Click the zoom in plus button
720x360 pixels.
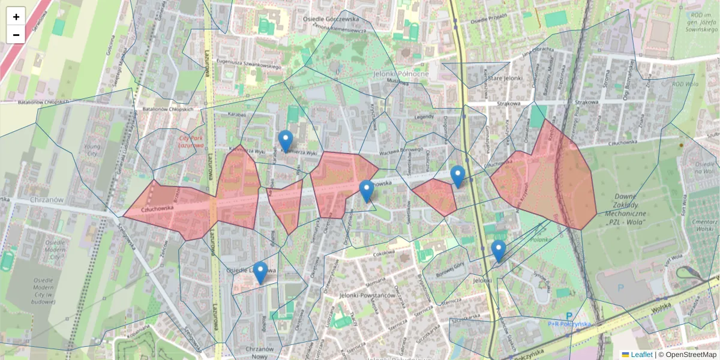pos(16,17)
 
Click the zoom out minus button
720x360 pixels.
pos(16,34)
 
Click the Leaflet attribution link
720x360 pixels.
pos(641,355)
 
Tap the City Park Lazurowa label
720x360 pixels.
pos(191,141)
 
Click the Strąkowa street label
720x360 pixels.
pos(508,104)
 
